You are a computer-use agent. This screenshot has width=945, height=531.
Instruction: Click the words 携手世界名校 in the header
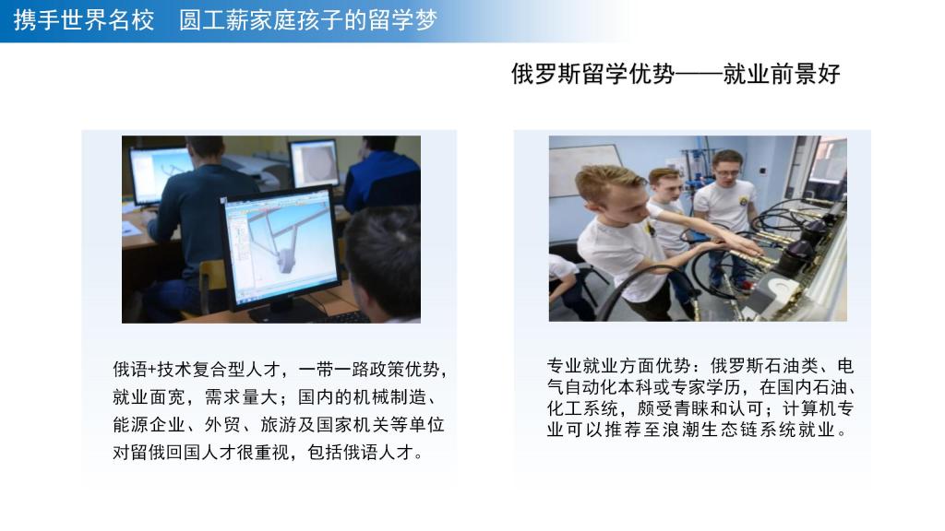[84, 20]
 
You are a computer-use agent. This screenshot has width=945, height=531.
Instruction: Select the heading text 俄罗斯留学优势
[593, 74]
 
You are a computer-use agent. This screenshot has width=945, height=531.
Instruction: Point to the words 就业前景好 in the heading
[782, 74]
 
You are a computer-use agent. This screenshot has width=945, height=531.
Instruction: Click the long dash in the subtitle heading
[700, 75]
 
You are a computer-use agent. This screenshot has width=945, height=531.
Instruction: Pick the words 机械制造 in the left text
[390, 397]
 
